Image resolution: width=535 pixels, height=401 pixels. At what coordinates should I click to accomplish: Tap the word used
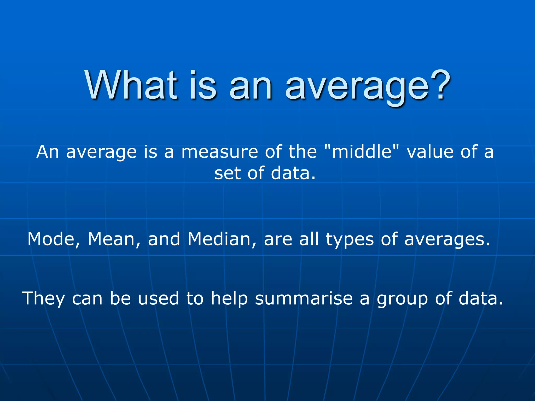click(x=158, y=298)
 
